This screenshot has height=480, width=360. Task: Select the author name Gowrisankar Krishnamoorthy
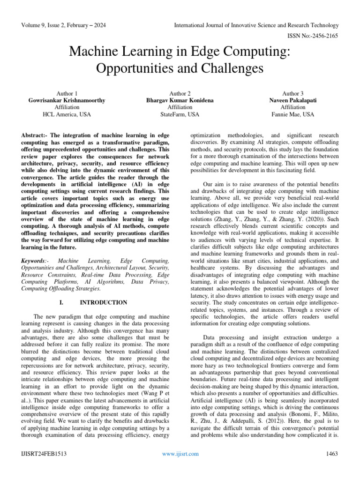click(67, 100)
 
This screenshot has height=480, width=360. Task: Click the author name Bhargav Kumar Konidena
click(180, 100)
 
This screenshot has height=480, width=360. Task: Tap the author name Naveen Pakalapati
click(292, 100)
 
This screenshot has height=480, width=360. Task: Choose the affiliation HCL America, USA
click(67, 114)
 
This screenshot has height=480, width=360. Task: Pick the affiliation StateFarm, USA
click(180, 114)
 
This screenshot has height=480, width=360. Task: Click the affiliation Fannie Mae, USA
click(292, 114)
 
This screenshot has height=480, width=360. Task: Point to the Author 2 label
click(180, 93)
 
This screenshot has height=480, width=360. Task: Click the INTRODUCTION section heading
click(104, 302)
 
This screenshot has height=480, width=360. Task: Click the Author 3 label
click(292, 93)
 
